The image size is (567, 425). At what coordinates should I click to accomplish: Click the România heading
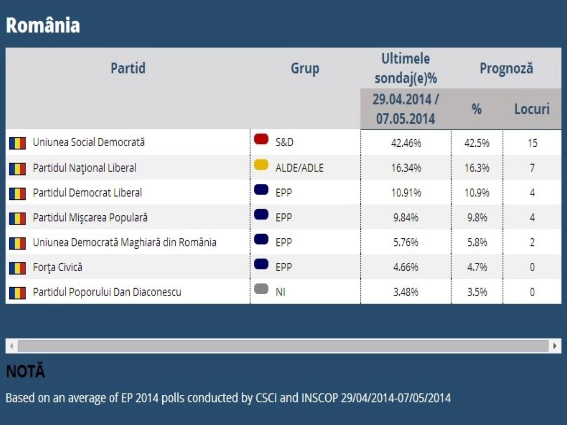(x=43, y=25)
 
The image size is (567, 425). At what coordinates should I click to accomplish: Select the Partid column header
(x=128, y=68)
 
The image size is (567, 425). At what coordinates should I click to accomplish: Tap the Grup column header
(x=305, y=68)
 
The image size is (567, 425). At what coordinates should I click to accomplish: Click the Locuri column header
(x=532, y=109)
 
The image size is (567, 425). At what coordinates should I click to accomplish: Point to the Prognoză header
(x=506, y=68)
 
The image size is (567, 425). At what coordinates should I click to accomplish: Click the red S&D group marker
(x=261, y=139)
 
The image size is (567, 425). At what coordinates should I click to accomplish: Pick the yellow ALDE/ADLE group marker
(x=261, y=165)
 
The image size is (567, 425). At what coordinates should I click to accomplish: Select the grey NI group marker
(x=261, y=289)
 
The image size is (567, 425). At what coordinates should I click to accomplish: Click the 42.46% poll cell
(x=406, y=143)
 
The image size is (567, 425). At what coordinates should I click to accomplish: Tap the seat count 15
(x=532, y=143)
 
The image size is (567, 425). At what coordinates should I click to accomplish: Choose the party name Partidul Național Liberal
(x=84, y=168)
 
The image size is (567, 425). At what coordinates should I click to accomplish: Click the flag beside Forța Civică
(x=17, y=268)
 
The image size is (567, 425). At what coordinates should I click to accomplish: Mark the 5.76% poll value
(x=406, y=242)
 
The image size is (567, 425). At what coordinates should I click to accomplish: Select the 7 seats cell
(x=532, y=168)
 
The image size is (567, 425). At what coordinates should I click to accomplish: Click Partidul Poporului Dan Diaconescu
(x=107, y=292)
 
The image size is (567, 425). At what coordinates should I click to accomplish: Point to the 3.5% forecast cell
(x=477, y=292)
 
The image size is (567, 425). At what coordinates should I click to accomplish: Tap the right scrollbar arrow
(x=555, y=346)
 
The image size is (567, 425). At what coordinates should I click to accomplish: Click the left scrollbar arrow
(x=12, y=346)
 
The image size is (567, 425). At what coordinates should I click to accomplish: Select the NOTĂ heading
(x=26, y=371)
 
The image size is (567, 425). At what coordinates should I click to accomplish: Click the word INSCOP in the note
(x=320, y=398)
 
